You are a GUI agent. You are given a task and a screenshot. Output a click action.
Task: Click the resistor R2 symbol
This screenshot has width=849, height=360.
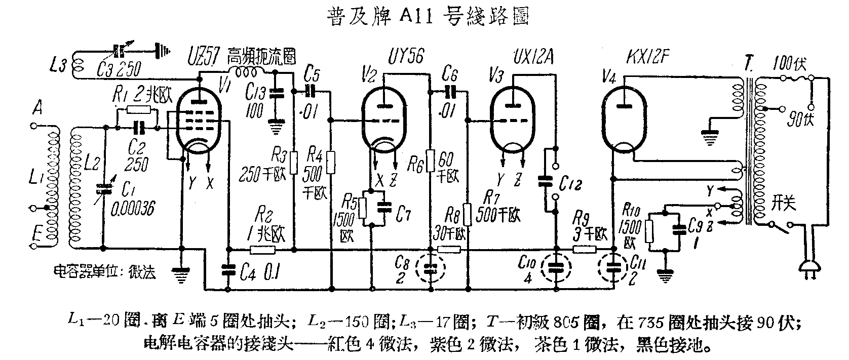[x=262, y=249]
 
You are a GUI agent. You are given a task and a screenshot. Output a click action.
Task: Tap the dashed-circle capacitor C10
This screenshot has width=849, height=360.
[x=556, y=268]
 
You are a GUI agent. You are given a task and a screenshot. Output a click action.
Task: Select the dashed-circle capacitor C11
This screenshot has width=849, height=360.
[x=613, y=268]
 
